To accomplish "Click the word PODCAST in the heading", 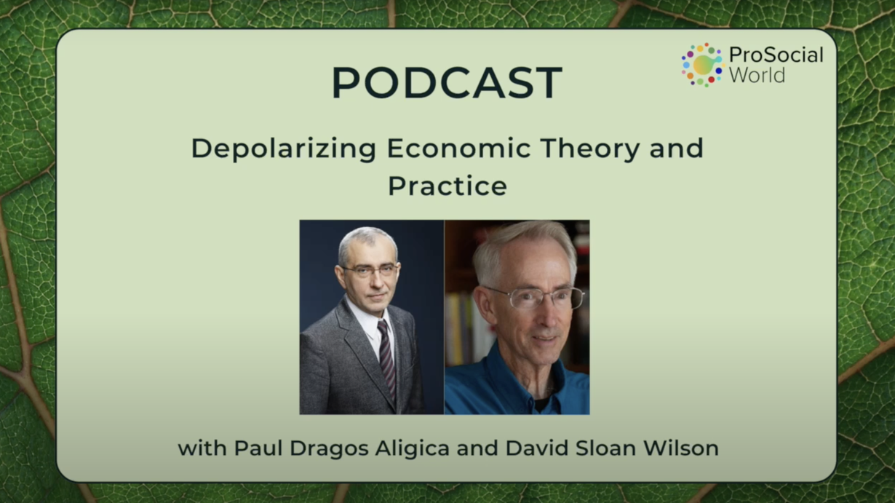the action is [x=447, y=82].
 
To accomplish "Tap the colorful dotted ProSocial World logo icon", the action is [x=702, y=65].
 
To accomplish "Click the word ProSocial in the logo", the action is [x=776, y=55].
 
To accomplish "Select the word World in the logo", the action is [x=757, y=75].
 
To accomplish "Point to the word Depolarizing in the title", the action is [x=284, y=148].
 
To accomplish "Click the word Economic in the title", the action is [x=458, y=148].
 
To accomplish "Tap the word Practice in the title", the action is [x=447, y=186].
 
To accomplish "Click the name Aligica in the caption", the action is [x=413, y=448].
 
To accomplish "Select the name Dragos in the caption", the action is [x=329, y=448].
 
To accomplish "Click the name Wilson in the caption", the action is [x=681, y=448].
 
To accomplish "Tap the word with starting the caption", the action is [x=202, y=448].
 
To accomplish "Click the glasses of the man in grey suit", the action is [x=370, y=271].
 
